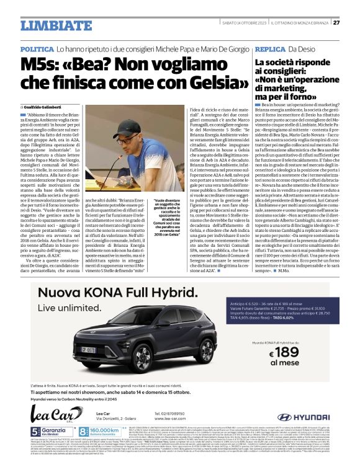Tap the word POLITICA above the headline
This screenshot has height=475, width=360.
[37, 48]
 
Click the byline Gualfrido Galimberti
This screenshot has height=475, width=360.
[49, 107]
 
